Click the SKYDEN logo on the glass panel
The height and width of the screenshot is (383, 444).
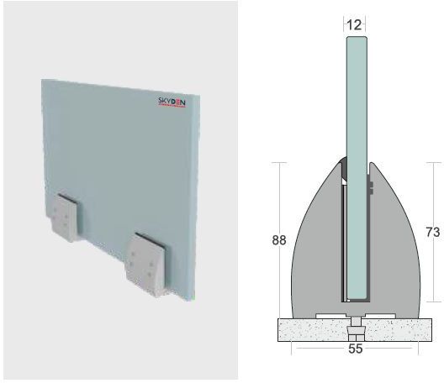(176, 105)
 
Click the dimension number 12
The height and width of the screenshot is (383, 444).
(354, 25)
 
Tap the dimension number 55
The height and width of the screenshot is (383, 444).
(356, 348)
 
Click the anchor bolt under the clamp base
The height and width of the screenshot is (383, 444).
(357, 323)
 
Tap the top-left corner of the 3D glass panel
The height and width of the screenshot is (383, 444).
(43, 81)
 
